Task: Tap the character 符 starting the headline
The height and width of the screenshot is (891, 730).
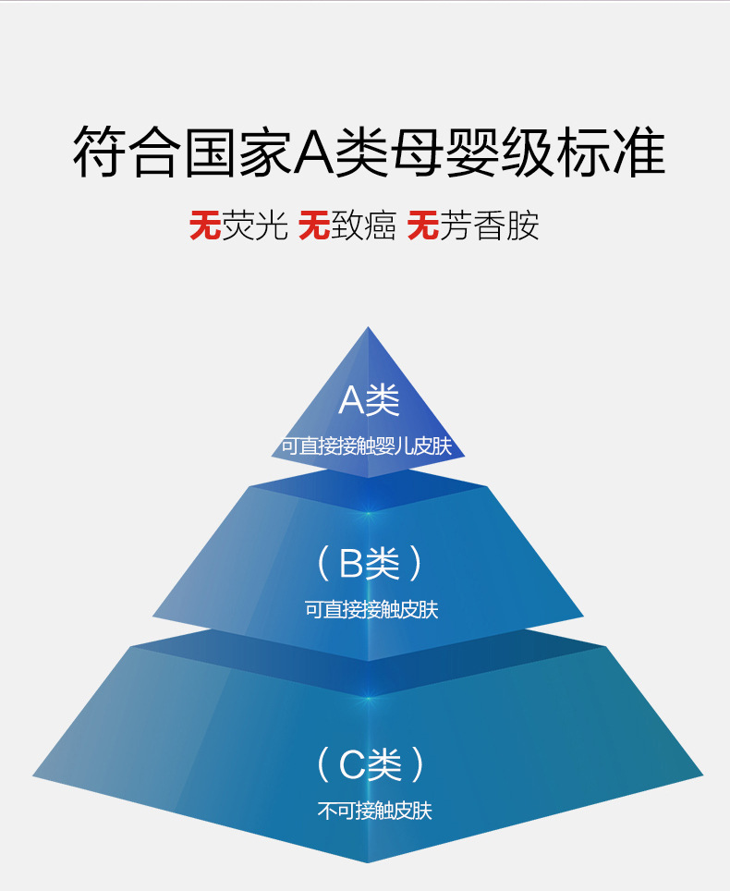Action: click(x=97, y=153)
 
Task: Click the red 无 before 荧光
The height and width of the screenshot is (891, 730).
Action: click(x=204, y=225)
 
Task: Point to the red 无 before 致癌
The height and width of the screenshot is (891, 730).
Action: click(x=314, y=225)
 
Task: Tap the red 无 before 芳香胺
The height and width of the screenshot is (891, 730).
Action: click(x=422, y=225)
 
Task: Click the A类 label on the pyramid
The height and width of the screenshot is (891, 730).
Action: click(x=369, y=400)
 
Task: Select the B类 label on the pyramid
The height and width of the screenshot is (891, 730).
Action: click(x=370, y=563)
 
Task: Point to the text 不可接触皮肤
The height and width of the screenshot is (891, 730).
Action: click(x=374, y=812)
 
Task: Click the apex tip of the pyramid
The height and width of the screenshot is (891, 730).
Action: click(x=369, y=329)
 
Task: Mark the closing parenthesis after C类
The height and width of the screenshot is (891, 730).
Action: click(x=419, y=764)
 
